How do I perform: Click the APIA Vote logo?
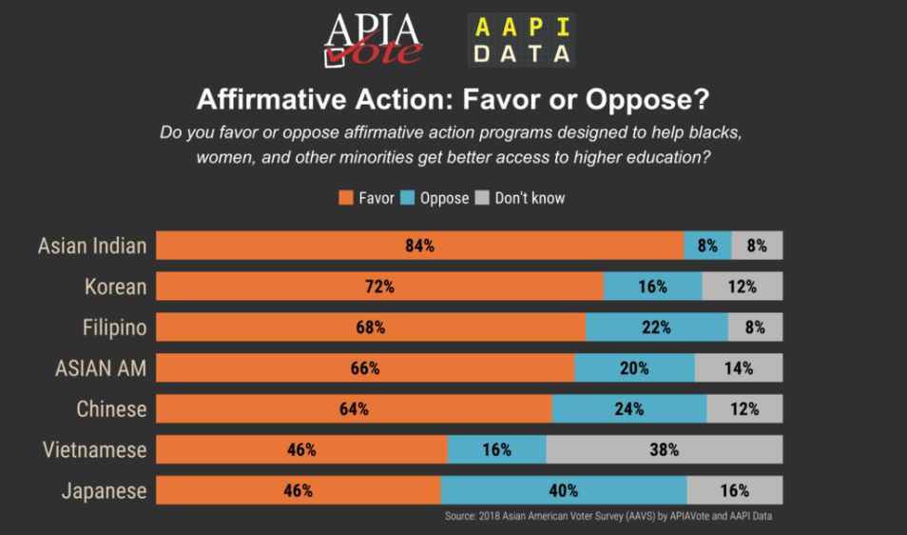click(x=374, y=41)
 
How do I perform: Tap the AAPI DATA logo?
click(x=521, y=41)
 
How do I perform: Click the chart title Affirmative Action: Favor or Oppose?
click(x=453, y=100)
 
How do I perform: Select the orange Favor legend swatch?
click(x=346, y=198)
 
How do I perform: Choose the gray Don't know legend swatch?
click(x=482, y=198)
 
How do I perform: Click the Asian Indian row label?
click(x=92, y=246)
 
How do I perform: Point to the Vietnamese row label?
click(x=95, y=450)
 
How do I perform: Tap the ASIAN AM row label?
click(x=101, y=368)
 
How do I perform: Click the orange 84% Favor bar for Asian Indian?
click(x=419, y=246)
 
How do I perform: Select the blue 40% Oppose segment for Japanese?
click(x=564, y=491)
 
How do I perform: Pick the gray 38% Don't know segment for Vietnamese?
click(x=665, y=450)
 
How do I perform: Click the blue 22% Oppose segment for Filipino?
click(x=656, y=327)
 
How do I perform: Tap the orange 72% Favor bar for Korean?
click(x=379, y=287)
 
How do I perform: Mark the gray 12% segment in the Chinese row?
click(x=744, y=409)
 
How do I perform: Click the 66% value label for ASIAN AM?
click(x=364, y=368)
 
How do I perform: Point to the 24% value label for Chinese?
click(x=628, y=409)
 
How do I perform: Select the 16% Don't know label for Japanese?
click(x=734, y=491)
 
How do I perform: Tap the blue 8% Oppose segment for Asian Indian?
click(x=707, y=246)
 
